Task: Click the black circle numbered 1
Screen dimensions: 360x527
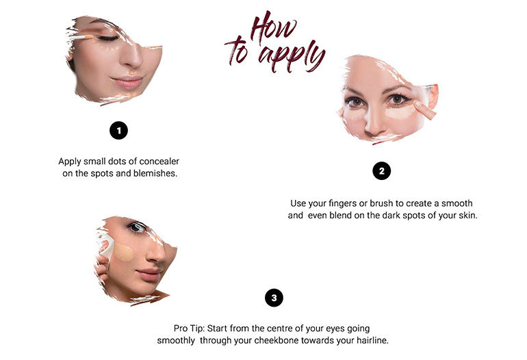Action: pos(118,130)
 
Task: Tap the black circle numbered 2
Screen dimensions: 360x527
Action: pos(381,170)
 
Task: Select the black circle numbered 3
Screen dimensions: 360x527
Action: pos(274,298)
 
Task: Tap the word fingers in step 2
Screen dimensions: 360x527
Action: pos(338,203)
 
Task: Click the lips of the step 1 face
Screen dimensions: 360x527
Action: pos(128,81)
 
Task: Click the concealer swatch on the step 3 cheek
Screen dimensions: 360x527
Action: pos(123,253)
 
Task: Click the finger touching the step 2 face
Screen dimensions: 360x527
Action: pos(424,110)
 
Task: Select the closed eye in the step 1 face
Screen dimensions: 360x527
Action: pos(107,38)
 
